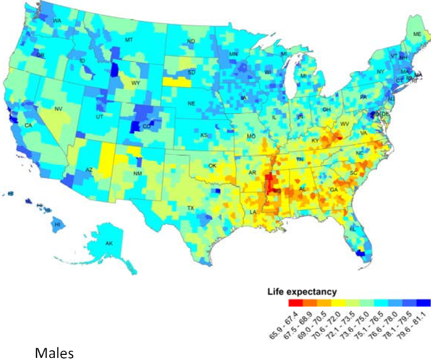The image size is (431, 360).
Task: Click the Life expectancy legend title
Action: [x=302, y=292]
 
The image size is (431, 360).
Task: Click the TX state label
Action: [x=190, y=208]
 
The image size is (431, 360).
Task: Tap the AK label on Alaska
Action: [x=109, y=243]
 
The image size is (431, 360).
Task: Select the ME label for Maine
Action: [x=417, y=34]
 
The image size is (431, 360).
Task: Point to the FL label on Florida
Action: [x=352, y=228]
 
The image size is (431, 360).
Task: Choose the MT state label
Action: [x=130, y=40]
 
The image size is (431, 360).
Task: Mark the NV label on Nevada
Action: [x=58, y=109]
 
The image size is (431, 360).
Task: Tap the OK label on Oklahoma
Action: [x=212, y=165]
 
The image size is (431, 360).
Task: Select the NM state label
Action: [x=138, y=174]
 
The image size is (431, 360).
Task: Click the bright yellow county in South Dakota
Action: [x=174, y=81]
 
